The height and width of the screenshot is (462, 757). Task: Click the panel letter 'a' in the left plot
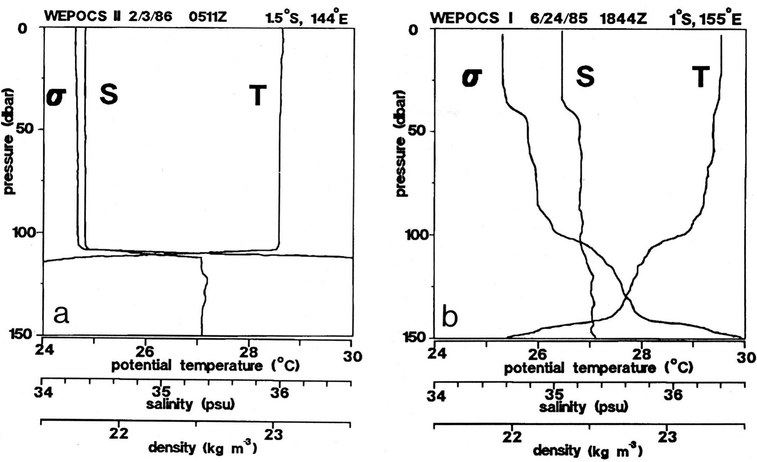61,314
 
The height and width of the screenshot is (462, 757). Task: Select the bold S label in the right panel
585,76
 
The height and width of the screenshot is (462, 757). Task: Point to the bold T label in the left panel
258,95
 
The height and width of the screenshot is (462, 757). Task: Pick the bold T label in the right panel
700,77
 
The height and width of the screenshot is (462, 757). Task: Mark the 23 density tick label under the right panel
667,437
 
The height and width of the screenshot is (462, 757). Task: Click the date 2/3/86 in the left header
150,16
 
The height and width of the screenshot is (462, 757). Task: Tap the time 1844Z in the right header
624,18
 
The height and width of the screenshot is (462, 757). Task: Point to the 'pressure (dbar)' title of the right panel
400,143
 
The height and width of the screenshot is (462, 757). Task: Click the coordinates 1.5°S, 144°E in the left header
306,17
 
